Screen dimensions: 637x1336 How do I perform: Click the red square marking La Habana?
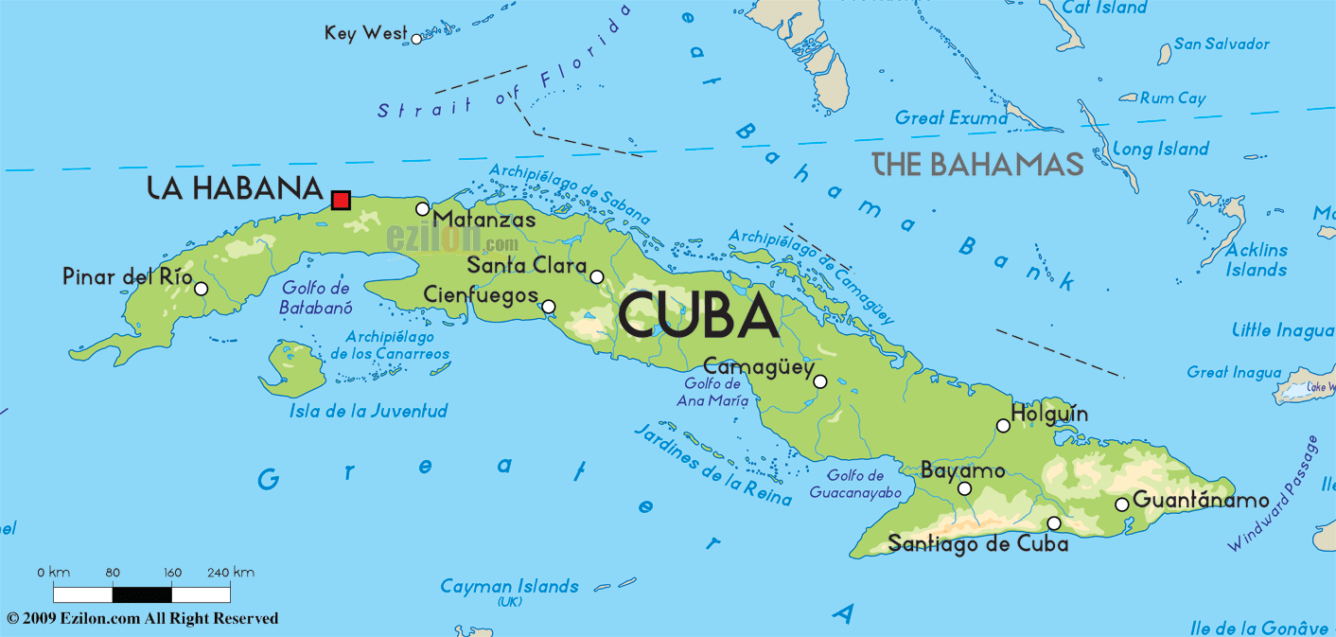pos(342,200)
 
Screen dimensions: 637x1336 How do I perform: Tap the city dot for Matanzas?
pos(423,209)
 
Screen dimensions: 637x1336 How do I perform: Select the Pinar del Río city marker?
pos(201,289)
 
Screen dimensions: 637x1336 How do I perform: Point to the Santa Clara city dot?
pos(596,277)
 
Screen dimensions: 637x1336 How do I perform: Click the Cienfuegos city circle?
pos(548,307)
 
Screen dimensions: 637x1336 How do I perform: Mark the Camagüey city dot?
pos(820,381)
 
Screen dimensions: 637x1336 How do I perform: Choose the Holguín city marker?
pos(1003,426)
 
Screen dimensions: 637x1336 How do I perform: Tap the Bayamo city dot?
pos(964,489)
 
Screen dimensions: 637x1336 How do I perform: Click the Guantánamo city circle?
pos(1122,504)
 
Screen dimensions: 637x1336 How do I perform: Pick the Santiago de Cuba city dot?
pos(1054,523)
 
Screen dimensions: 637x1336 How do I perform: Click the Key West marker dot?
pos(416,39)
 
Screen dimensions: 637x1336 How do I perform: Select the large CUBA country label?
pos(699,316)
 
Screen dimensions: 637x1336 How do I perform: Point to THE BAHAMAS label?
pos(977,164)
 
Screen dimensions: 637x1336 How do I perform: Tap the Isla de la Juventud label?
pos(368,411)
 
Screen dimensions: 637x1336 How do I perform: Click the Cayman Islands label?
pos(509,587)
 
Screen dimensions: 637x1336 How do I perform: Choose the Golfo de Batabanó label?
pos(315,298)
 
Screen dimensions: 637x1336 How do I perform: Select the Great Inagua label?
pos(1235,373)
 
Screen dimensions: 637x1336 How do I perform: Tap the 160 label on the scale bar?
pos(172,573)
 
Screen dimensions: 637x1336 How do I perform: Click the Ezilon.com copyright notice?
pos(143,619)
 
